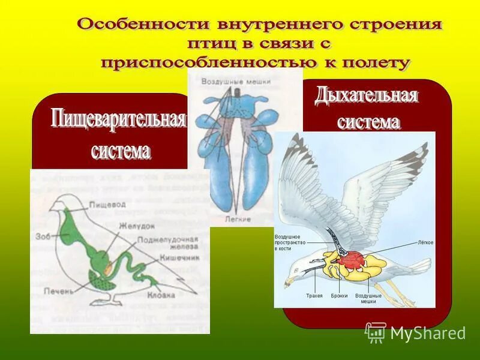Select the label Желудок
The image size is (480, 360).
click(133, 226)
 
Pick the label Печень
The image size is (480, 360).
click(58, 290)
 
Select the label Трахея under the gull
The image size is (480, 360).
click(314, 296)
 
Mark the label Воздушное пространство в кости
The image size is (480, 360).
click(290, 242)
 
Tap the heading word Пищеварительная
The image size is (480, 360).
click(118, 118)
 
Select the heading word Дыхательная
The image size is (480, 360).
click(367, 95)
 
